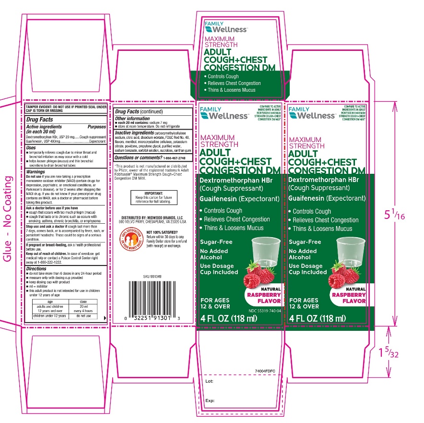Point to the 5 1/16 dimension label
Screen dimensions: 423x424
[408, 216]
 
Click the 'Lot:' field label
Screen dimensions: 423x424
[209, 381]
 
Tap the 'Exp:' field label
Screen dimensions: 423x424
[210, 400]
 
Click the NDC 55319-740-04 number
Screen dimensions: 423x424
[265, 311]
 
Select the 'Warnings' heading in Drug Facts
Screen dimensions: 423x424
[36, 171]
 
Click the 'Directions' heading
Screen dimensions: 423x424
[37, 269]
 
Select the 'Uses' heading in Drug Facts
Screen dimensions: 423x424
[31, 148]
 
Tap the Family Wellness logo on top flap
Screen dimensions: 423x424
[226, 27]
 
